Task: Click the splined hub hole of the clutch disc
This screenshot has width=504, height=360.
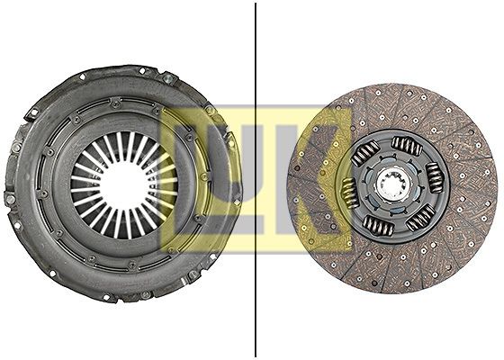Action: [394, 187]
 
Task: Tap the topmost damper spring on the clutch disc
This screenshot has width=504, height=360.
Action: [407, 146]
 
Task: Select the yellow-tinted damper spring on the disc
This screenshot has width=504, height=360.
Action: [350, 193]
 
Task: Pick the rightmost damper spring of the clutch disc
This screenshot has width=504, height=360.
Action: [435, 177]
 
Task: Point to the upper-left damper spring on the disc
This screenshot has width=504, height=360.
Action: [365, 153]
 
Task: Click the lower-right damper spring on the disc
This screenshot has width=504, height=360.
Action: [420, 217]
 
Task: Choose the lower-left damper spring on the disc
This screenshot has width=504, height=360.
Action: [378, 225]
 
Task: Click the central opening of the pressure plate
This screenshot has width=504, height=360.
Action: [123, 185]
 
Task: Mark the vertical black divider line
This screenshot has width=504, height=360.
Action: [256, 180]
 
